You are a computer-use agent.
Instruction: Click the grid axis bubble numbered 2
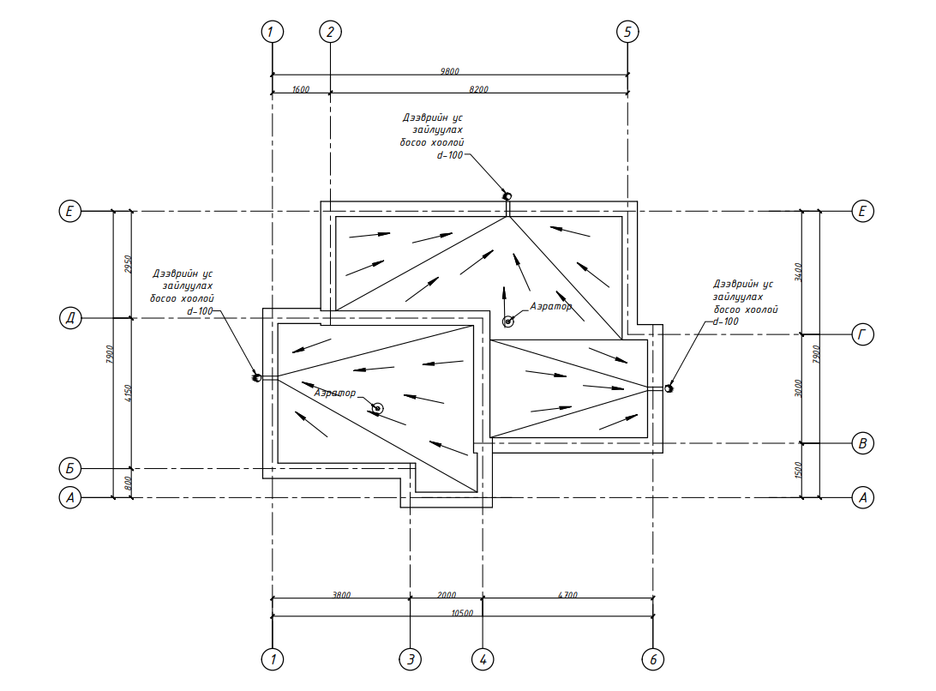coord(330,33)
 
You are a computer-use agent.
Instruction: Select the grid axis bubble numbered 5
coord(627,33)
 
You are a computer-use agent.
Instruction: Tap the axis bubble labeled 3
coord(411,659)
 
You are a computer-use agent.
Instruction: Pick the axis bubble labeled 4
coord(483,659)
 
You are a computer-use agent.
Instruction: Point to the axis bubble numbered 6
coord(653,659)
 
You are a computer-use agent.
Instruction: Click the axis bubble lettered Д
coord(69,319)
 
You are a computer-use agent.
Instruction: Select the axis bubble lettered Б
coord(69,469)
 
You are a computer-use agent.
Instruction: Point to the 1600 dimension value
coord(300,88)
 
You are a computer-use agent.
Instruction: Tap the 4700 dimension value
coord(567,594)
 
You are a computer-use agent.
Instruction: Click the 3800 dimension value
coord(340,594)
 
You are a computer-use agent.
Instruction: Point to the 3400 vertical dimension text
coord(798,273)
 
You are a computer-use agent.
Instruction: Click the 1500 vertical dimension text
coord(798,470)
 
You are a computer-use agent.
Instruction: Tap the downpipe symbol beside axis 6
coord(669,389)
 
